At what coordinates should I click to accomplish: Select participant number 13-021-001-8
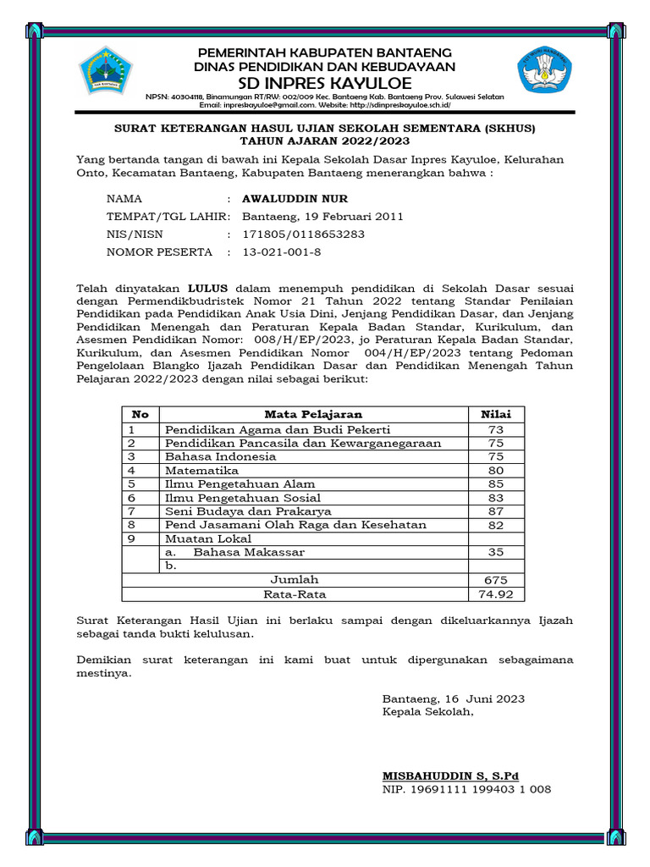point(282,252)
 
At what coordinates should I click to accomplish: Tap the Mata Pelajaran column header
point(313,414)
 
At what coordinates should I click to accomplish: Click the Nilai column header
point(496,414)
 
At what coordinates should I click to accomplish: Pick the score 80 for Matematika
point(496,471)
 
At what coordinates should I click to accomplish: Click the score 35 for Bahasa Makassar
point(496,552)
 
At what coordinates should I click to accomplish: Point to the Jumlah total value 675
point(496,580)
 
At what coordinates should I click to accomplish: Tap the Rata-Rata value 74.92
point(496,594)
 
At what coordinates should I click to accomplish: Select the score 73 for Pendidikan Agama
point(496,430)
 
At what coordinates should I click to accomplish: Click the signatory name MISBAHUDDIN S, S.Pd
point(451,776)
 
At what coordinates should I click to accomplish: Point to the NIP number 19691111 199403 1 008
point(466,789)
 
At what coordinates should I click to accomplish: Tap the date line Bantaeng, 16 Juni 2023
point(454,699)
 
